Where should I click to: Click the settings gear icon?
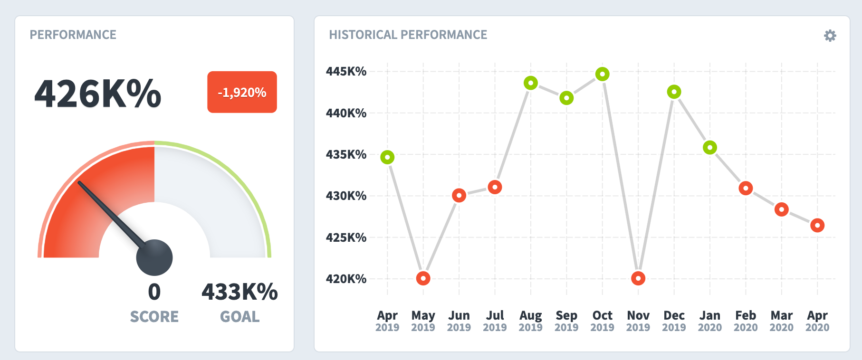[830, 36]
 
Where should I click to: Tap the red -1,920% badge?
[242, 92]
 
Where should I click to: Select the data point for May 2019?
[423, 278]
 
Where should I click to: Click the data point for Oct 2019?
[602, 74]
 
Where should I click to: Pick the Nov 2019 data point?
[638, 278]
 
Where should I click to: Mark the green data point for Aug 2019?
[531, 83]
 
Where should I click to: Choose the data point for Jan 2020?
[710, 148]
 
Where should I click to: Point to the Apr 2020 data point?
[817, 226]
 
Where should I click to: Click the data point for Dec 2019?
[674, 92]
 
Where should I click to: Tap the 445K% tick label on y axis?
[346, 72]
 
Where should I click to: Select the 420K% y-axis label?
[346, 279]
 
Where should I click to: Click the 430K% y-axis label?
[346, 196]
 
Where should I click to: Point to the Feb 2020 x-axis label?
[746, 321]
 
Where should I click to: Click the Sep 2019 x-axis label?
[566, 321]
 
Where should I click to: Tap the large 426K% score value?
[98, 94]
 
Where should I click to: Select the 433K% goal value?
[239, 292]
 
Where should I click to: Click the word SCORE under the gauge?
[154, 317]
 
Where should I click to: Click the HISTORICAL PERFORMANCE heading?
[408, 35]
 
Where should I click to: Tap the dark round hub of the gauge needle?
[154, 257]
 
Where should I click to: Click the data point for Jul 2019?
[495, 187]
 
